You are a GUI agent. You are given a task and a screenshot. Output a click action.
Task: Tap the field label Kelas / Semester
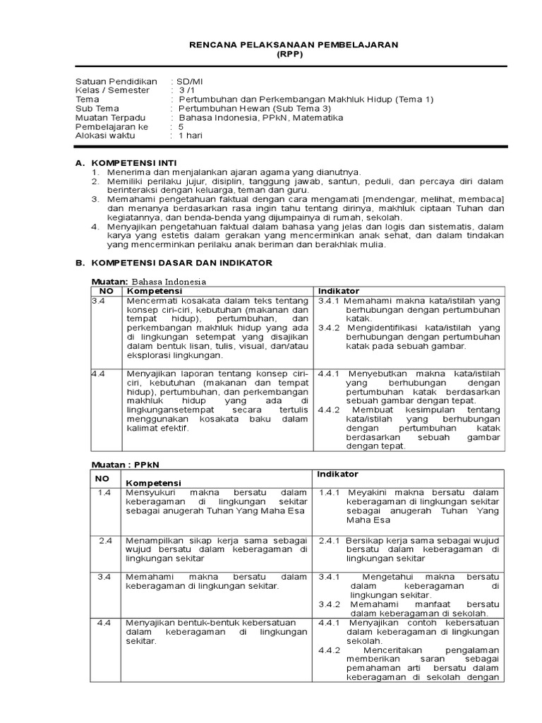click(113, 90)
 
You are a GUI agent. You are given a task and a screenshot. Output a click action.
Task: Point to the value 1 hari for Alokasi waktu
click(190, 136)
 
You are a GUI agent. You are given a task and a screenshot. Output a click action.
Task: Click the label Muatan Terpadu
click(111, 118)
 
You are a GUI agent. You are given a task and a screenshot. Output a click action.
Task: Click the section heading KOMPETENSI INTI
click(136, 162)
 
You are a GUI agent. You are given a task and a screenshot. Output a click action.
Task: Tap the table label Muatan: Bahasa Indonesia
click(149, 281)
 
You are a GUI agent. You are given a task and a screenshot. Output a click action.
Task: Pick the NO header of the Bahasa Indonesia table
click(107, 291)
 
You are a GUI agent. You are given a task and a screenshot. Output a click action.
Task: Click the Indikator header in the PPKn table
click(338, 474)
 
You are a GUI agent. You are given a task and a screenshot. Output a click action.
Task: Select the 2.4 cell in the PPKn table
click(105, 540)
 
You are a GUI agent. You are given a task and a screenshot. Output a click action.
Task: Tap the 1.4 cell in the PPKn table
click(105, 492)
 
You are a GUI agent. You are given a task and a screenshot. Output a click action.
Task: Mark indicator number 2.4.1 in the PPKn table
click(330, 540)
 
